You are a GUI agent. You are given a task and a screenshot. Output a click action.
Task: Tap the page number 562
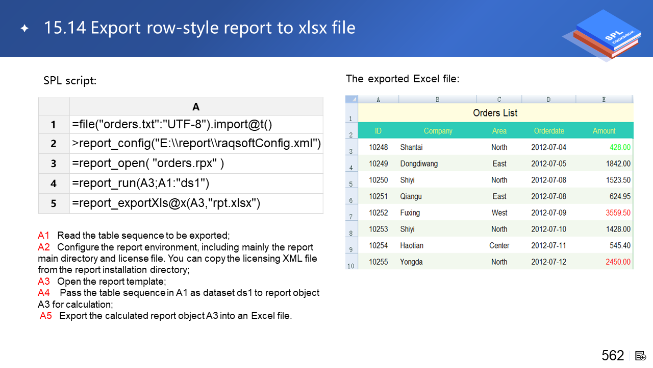pos(613,355)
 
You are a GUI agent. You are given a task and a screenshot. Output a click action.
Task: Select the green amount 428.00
pos(620,147)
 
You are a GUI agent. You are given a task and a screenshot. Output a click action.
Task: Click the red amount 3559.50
pos(618,213)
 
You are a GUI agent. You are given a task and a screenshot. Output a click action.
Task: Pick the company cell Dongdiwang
pos(419,164)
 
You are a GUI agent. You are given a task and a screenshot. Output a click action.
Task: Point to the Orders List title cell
pos(495,113)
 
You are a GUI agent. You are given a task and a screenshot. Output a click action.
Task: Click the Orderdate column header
pos(549,131)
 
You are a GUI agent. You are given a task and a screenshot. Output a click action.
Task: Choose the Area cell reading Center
pos(499,245)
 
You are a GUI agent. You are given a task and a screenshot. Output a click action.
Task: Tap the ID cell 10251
pos(378,196)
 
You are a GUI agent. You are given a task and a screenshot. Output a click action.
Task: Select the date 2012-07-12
pos(548,262)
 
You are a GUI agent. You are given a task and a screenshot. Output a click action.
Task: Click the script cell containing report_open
pos(196,164)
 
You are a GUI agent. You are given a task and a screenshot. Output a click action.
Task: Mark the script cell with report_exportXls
pos(196,203)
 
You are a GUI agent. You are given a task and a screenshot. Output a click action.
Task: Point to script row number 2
pos(54,144)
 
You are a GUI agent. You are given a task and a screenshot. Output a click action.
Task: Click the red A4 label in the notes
pos(44,292)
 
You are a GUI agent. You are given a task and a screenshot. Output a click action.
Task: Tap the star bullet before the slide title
pos(24,28)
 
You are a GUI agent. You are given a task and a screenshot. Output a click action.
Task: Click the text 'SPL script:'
pos(70,81)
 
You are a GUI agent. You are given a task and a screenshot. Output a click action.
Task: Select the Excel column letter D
pos(548,100)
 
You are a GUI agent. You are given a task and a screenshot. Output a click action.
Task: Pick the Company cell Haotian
pos(412,245)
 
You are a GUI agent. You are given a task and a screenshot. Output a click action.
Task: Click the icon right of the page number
pos(640,356)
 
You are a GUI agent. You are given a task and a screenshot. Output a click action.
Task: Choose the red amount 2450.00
pos(618,262)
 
